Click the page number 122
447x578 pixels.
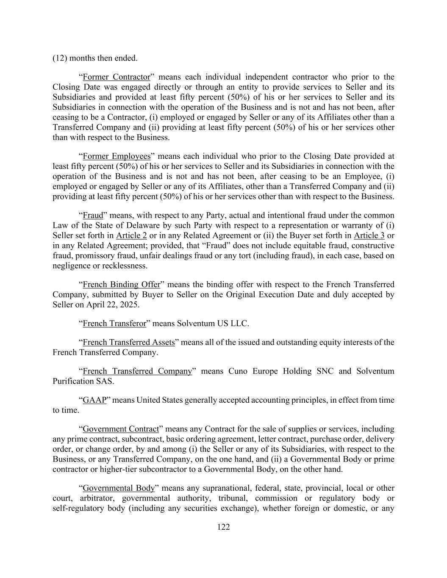[223, 527]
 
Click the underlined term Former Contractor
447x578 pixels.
[117, 77]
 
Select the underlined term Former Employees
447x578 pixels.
[117, 156]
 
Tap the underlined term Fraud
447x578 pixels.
[93, 216]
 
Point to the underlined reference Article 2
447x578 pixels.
[131, 236]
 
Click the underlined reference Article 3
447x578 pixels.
[369, 236]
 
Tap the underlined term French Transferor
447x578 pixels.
[114, 324]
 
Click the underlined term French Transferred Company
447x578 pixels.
[137, 371]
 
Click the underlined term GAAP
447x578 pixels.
[94, 400]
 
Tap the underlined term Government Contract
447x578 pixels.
[121, 429]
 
